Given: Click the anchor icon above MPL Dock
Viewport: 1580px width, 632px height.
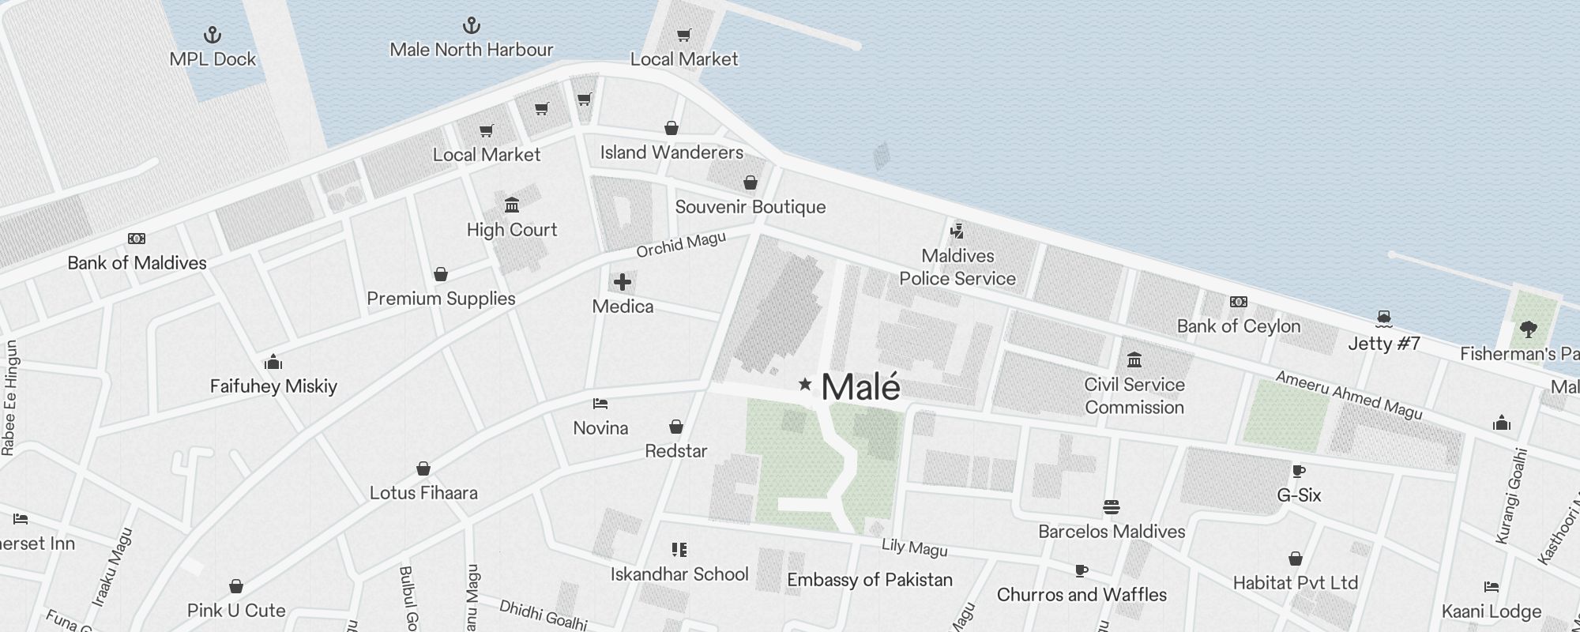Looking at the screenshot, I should pyautogui.click(x=213, y=35).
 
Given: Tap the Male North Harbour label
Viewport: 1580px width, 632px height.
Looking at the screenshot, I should pyautogui.click(x=471, y=50).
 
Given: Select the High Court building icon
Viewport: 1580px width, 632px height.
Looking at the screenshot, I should pyautogui.click(x=512, y=205).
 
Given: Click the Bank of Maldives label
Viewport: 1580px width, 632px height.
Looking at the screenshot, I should pyautogui.click(x=137, y=263).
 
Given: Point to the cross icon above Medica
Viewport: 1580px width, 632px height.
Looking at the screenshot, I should pyautogui.click(x=623, y=282).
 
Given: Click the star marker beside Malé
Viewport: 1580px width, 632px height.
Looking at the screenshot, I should pyautogui.click(x=805, y=384).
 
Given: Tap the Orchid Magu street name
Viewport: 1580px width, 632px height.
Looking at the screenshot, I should pyautogui.click(x=681, y=245).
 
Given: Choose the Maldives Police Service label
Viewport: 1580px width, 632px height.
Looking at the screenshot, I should pyautogui.click(x=957, y=267).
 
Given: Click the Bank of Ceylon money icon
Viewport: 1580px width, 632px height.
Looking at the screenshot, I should pyautogui.click(x=1238, y=302).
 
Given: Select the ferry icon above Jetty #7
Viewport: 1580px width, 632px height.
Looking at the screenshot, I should pyautogui.click(x=1383, y=319).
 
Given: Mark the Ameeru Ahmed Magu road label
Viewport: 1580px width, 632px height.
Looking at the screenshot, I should pyautogui.click(x=1349, y=395).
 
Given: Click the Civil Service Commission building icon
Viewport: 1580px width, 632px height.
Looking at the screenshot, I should pyautogui.click(x=1134, y=360).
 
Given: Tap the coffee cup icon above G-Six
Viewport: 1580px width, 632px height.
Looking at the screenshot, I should pyautogui.click(x=1298, y=472).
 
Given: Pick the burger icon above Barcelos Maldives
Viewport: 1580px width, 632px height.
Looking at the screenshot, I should pyautogui.click(x=1112, y=507).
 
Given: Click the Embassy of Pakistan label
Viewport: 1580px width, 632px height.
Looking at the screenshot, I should pyautogui.click(x=870, y=580).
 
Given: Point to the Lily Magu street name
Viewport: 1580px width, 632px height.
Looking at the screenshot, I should pyautogui.click(x=914, y=547).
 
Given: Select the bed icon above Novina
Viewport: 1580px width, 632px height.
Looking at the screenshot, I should pyautogui.click(x=600, y=404).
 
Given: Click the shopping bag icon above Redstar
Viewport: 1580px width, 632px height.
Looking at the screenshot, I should pyautogui.click(x=675, y=427).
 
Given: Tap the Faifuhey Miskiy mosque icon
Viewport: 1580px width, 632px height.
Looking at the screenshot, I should pyautogui.click(x=273, y=363).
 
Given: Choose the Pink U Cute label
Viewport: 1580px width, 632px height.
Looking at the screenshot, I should pyautogui.click(x=236, y=611).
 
